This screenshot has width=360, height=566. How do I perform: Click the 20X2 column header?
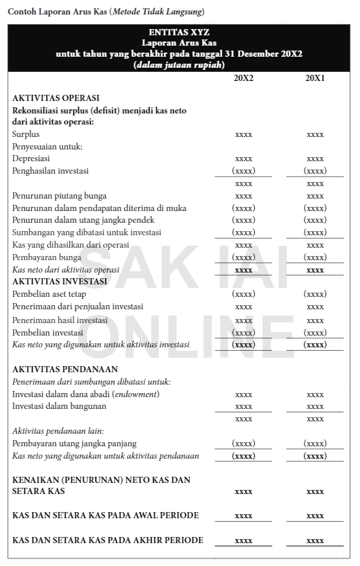pos(244,78)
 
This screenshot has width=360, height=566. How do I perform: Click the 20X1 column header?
pos(315,78)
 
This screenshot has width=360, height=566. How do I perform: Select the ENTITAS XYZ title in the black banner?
pos(179,32)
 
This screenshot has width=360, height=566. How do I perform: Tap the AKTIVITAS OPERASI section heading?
pos(56,98)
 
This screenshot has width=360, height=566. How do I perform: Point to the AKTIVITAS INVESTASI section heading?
pos(60,282)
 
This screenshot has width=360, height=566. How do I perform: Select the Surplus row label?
pos(26,134)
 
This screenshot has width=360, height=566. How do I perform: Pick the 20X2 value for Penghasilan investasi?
pos(244,171)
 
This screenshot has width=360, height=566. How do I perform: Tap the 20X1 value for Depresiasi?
pos(315,158)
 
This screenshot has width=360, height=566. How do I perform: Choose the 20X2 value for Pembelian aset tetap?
pos(244,295)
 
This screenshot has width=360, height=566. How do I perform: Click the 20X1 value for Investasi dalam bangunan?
pos(315,406)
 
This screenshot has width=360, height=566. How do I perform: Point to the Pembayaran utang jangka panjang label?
pos(75,444)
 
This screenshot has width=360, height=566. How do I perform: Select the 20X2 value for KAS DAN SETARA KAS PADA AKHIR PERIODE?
pos(244,540)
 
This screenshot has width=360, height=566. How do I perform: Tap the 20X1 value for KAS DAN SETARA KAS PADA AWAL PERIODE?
pos(315,515)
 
